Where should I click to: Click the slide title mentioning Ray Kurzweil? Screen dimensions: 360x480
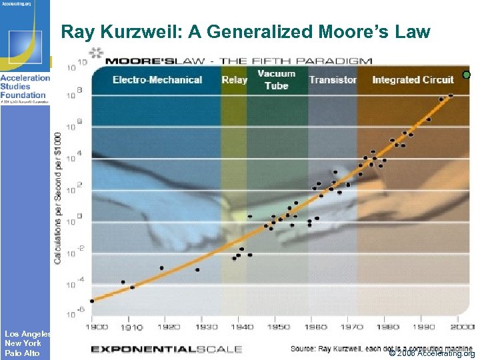click(245, 31)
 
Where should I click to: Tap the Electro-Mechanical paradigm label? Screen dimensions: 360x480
click(157, 80)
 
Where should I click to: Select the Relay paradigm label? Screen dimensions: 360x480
click(234, 80)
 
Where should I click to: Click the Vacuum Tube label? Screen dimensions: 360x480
click(277, 79)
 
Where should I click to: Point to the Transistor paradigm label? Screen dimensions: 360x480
click(333, 80)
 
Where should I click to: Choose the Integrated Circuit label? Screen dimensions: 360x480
click(413, 80)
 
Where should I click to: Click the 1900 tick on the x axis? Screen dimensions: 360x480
click(97, 327)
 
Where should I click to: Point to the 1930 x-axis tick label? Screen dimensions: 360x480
click(207, 327)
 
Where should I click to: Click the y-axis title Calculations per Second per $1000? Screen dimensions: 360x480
click(59, 197)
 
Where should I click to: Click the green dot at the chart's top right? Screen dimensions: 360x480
click(467, 75)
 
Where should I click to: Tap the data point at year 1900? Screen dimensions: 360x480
click(92, 301)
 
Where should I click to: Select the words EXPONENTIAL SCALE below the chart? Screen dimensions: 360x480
click(166, 349)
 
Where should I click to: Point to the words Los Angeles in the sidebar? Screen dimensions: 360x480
click(27, 333)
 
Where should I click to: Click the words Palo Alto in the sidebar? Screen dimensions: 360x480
click(22, 353)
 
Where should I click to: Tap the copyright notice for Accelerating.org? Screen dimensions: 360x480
click(431, 353)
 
